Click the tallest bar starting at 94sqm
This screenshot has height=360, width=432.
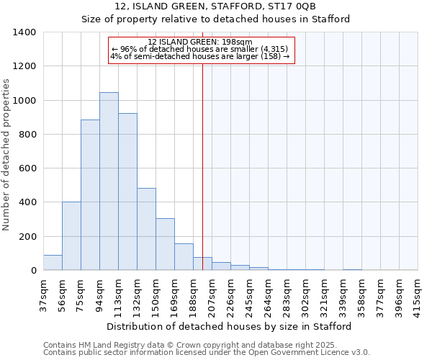pyautogui.click(x=109, y=181)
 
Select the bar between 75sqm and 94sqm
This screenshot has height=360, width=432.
pyautogui.click(x=90, y=195)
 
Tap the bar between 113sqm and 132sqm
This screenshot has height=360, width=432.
pyautogui.click(x=127, y=192)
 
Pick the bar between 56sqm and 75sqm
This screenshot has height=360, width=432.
pyautogui.click(x=71, y=236)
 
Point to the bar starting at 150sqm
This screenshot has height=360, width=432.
pyautogui.click(x=165, y=244)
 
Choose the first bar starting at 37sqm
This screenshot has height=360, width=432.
pyautogui.click(x=53, y=263)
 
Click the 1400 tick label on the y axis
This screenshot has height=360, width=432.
pyautogui.click(x=24, y=32)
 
